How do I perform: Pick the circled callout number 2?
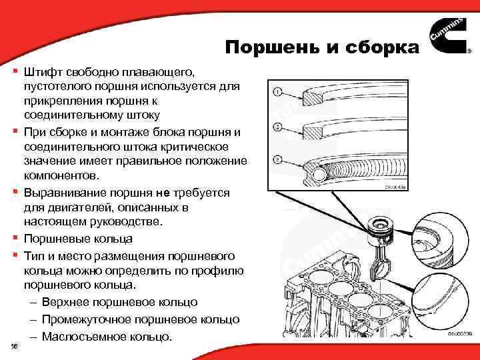(277, 127)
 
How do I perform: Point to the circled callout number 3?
(277, 160)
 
